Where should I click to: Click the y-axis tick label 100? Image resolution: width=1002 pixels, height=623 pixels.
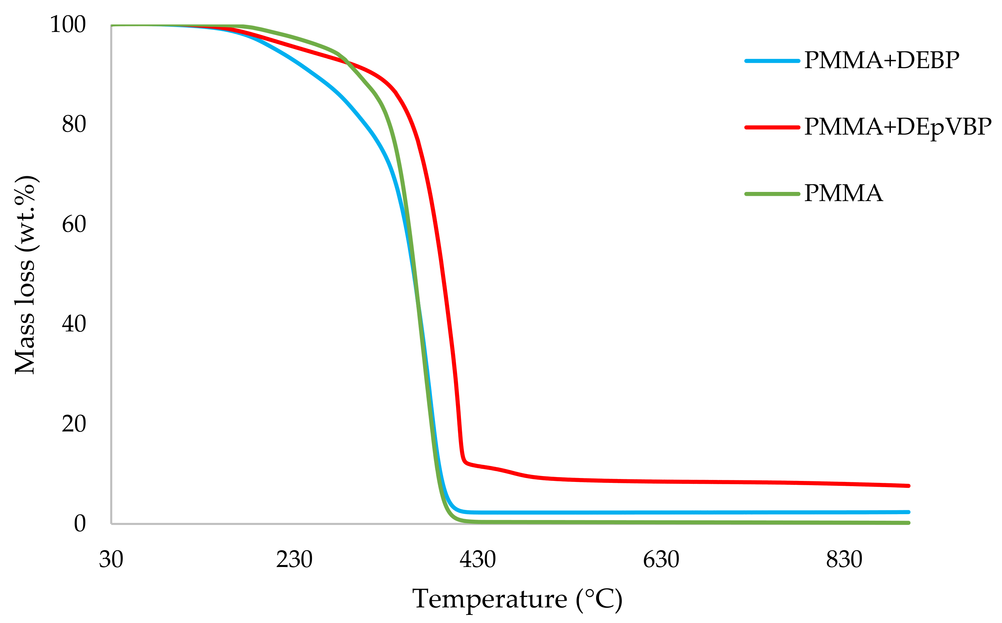tap(68, 25)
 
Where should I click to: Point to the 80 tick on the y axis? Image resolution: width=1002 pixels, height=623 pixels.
tap(74, 124)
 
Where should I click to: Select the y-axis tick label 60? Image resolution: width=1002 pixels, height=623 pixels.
tap(74, 225)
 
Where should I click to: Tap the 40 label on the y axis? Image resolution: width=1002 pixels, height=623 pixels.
tap(74, 324)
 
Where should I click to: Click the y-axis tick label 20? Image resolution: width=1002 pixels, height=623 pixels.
tap(74, 424)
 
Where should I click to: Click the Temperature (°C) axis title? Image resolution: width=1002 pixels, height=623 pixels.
tap(517, 600)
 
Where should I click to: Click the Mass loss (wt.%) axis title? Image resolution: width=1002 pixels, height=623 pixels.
tap(25, 275)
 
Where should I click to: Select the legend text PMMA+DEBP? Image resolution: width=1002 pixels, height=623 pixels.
tap(881, 61)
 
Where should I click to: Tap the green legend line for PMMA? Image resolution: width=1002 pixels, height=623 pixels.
tap(772, 194)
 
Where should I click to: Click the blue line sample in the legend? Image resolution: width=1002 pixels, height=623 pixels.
tap(772, 61)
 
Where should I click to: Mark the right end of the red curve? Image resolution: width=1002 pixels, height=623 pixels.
tap(909, 486)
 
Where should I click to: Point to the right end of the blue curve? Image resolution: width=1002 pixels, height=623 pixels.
tap(909, 512)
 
